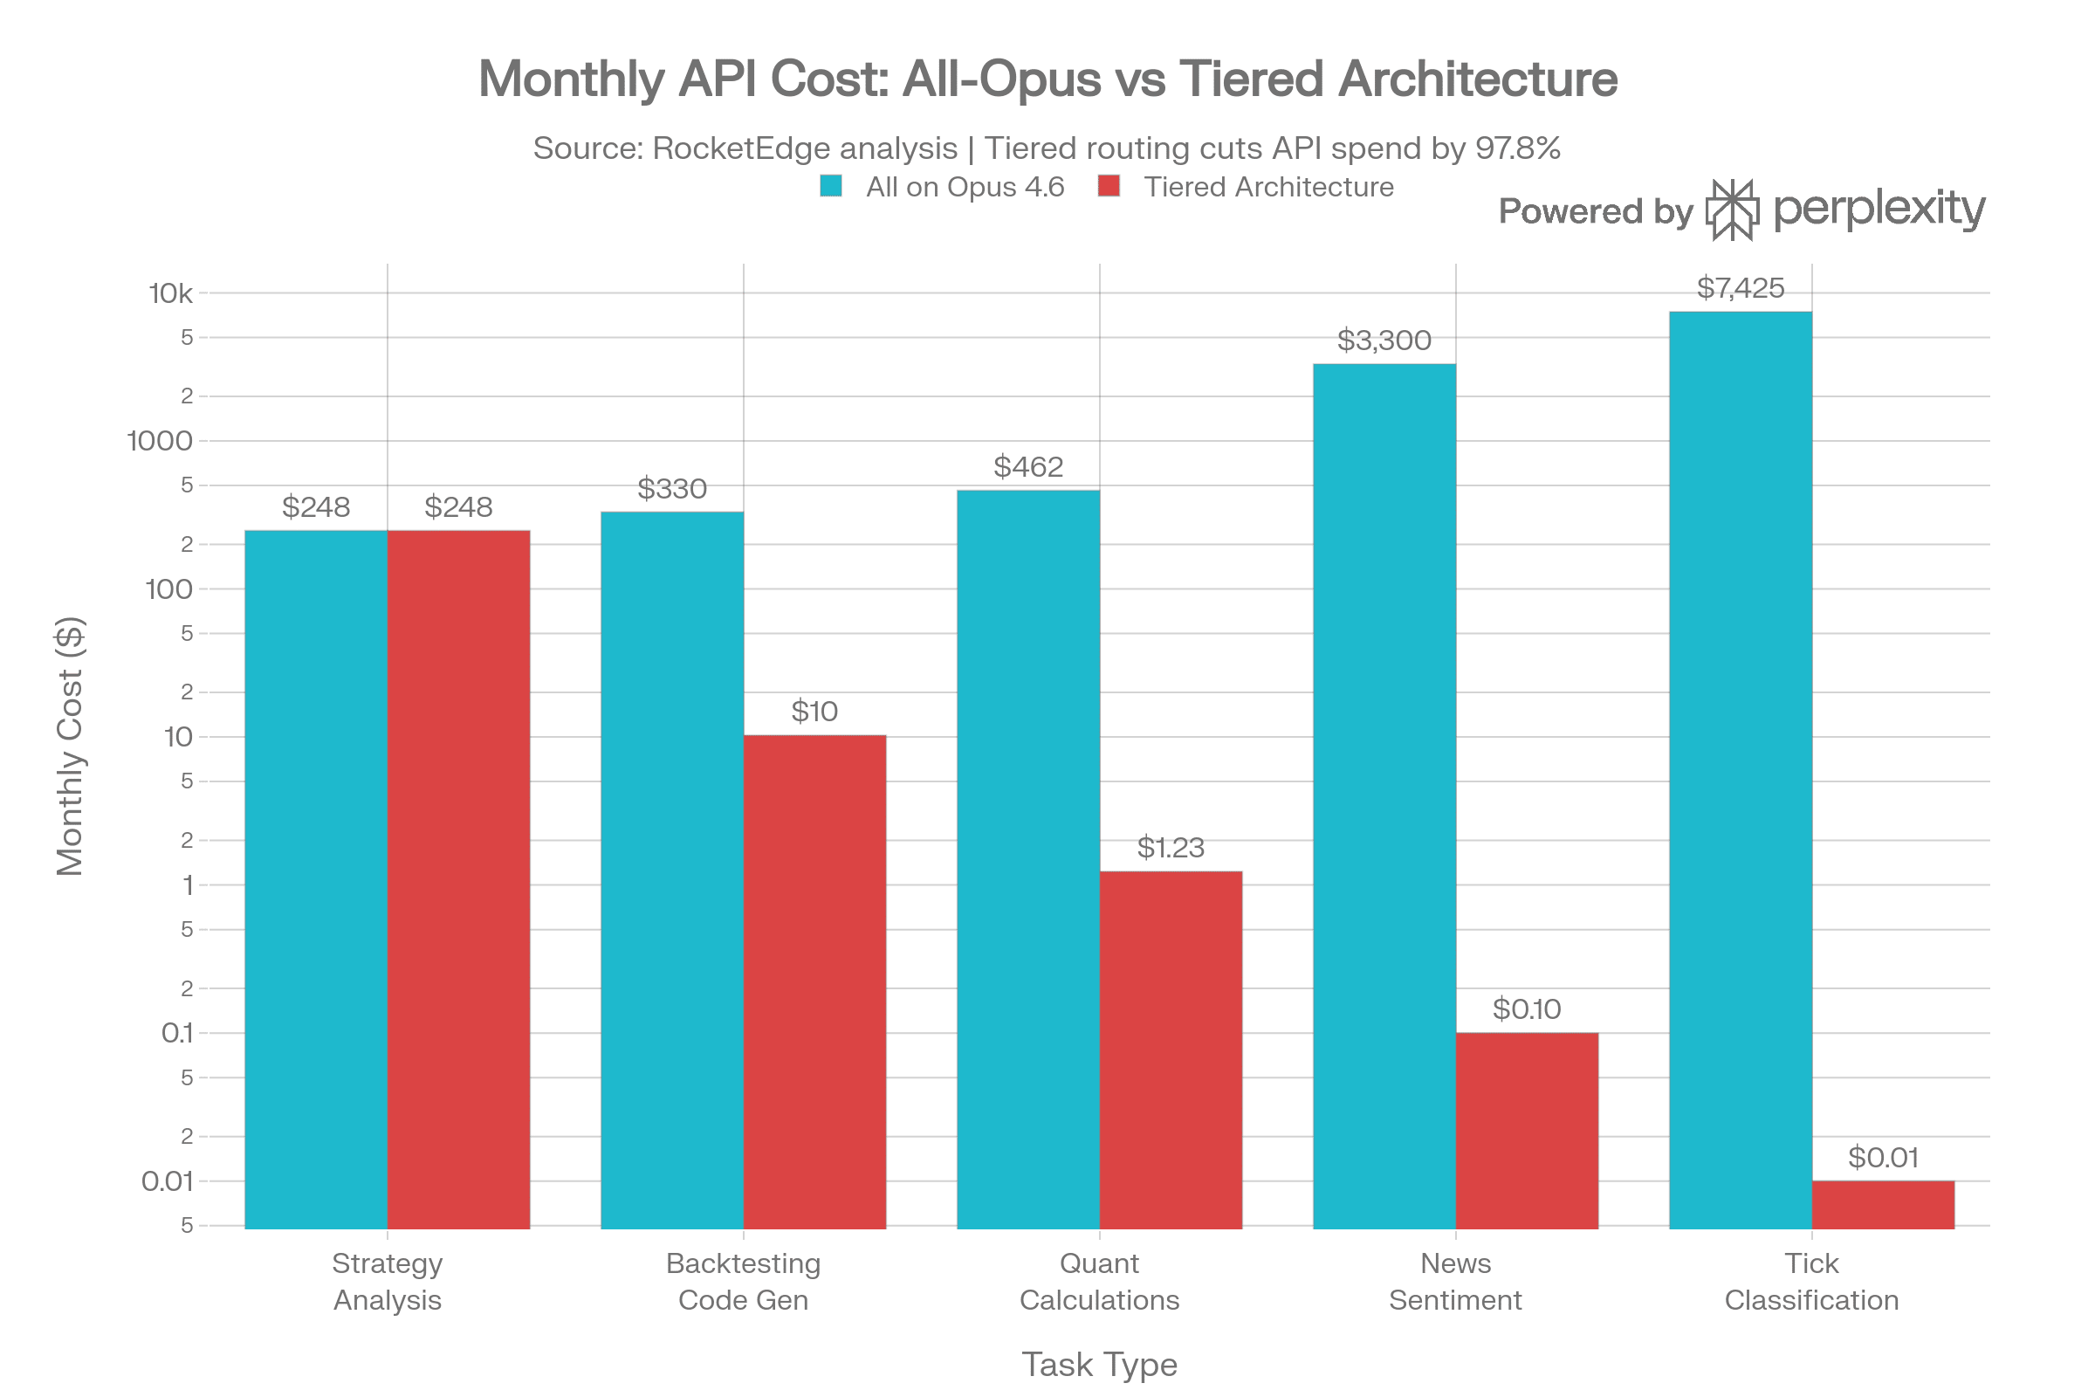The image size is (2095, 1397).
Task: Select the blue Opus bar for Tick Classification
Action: [x=1740, y=771]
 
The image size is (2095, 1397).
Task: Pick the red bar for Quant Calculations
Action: [x=1171, y=1049]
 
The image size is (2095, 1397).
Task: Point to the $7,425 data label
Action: [x=1740, y=288]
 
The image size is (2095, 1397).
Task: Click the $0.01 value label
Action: [x=1883, y=1158]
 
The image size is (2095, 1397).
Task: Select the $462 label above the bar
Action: [x=1028, y=467]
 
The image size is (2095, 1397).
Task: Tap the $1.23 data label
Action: [x=1171, y=847]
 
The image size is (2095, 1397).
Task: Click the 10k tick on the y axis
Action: [x=170, y=293]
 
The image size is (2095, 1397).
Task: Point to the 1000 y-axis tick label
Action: [x=160, y=441]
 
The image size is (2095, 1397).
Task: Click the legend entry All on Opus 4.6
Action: [x=964, y=187]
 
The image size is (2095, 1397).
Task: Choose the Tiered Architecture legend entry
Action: [x=1268, y=187]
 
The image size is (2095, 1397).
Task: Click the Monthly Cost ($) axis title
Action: [x=70, y=747]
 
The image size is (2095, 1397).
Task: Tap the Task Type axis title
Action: [x=1099, y=1364]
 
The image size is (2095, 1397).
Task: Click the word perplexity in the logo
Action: [x=1879, y=210]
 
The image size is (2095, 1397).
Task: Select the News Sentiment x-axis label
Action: [x=1454, y=1281]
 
